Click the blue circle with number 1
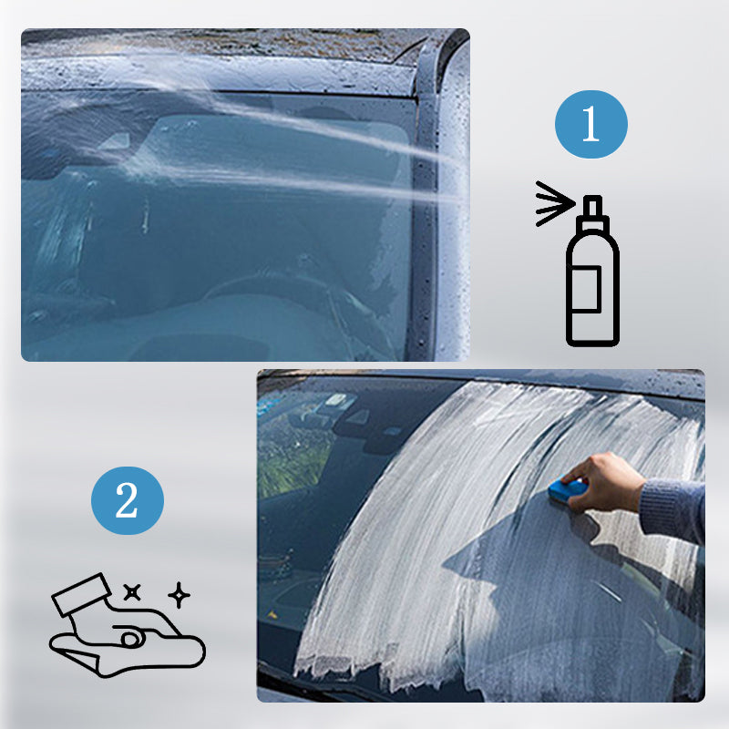point(590,124)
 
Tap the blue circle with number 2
point(128,500)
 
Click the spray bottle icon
point(592,271)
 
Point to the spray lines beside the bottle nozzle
point(554,203)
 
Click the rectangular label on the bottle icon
point(587,288)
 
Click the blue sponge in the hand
point(566,490)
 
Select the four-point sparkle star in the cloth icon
point(179,595)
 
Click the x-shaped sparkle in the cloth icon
point(132,592)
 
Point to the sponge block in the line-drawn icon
point(81,595)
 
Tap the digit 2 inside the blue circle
point(127,500)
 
